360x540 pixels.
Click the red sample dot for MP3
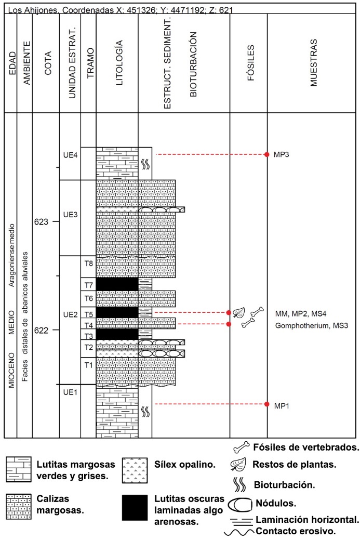click(266, 155)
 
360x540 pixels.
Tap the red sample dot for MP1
click(266, 404)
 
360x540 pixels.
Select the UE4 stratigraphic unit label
click(70, 155)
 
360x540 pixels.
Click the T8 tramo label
click(89, 264)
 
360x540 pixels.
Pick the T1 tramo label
click(89, 365)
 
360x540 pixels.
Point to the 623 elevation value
click(42, 222)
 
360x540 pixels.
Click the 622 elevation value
click(42, 330)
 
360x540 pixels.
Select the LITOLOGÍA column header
click(119, 63)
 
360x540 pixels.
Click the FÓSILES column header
click(250, 63)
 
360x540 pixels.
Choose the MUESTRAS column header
click(313, 63)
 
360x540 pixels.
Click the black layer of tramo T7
click(117, 284)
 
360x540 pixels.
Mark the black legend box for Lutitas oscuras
click(135, 508)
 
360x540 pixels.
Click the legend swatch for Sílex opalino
click(135, 470)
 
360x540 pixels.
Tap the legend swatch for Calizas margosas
click(19, 507)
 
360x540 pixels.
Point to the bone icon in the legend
click(242, 447)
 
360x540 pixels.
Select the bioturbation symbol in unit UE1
click(145, 411)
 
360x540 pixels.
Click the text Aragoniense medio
click(12, 255)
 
